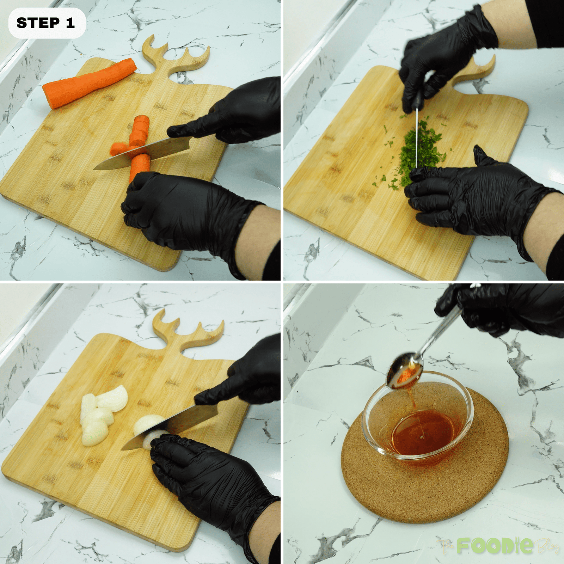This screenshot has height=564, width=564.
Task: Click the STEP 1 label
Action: pyautogui.click(x=46, y=23)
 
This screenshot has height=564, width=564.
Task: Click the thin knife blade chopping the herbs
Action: pyautogui.click(x=417, y=137)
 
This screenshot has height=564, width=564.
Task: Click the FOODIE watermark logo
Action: pyautogui.click(x=495, y=545)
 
